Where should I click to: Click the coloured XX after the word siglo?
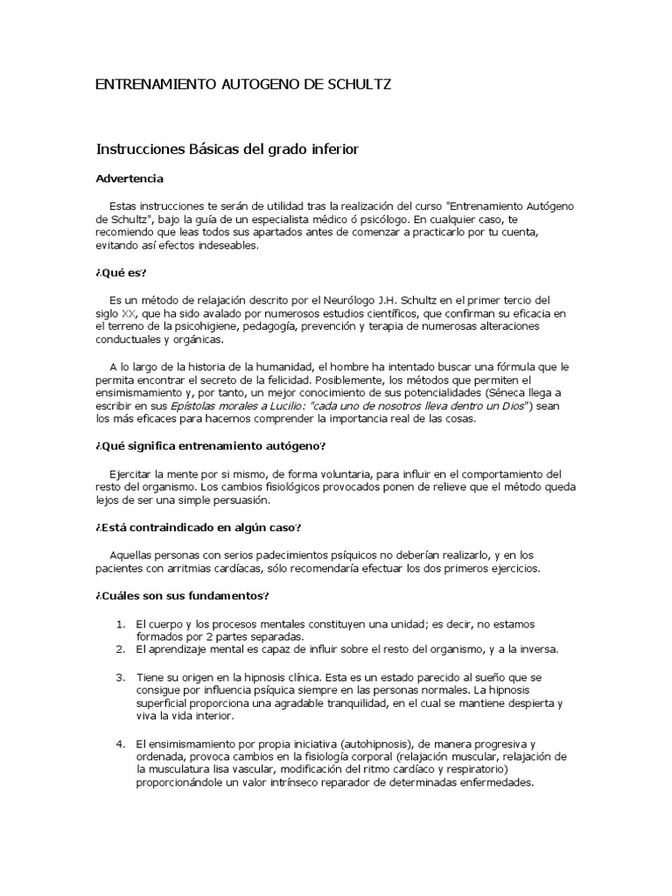[129, 313]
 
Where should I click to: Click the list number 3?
[122, 677]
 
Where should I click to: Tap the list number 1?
[122, 624]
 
